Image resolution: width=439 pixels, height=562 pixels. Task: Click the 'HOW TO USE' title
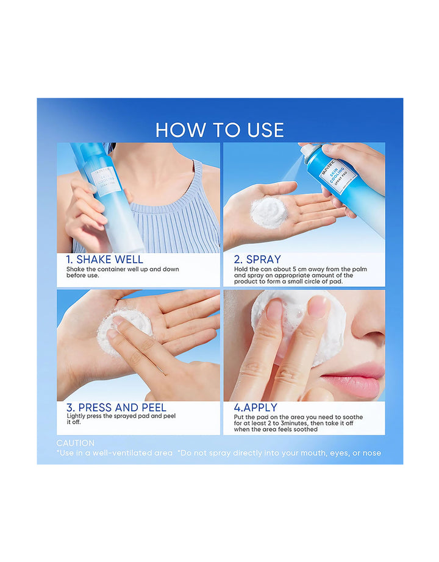220,130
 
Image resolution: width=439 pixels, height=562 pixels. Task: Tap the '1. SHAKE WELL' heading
105,260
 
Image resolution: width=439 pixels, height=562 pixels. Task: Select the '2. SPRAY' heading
257,260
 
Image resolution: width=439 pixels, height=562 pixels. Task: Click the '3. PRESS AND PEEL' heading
116,407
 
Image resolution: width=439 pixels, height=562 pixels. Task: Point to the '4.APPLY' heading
255,407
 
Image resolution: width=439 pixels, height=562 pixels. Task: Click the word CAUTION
76,443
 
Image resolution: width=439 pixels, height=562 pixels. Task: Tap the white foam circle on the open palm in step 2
268,212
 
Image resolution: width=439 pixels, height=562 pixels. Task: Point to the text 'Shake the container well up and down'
123,269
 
